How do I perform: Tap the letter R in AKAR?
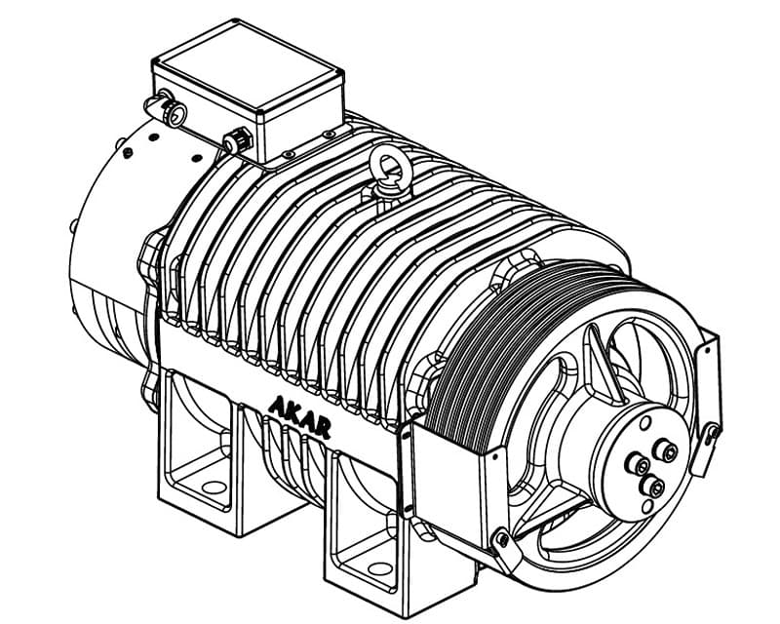[323, 429]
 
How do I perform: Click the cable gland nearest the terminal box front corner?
[238, 140]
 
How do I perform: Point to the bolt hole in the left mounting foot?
[214, 487]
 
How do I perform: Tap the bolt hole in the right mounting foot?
[380, 567]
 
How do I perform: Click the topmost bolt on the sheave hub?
[667, 450]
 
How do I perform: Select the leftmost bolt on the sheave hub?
[637, 464]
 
